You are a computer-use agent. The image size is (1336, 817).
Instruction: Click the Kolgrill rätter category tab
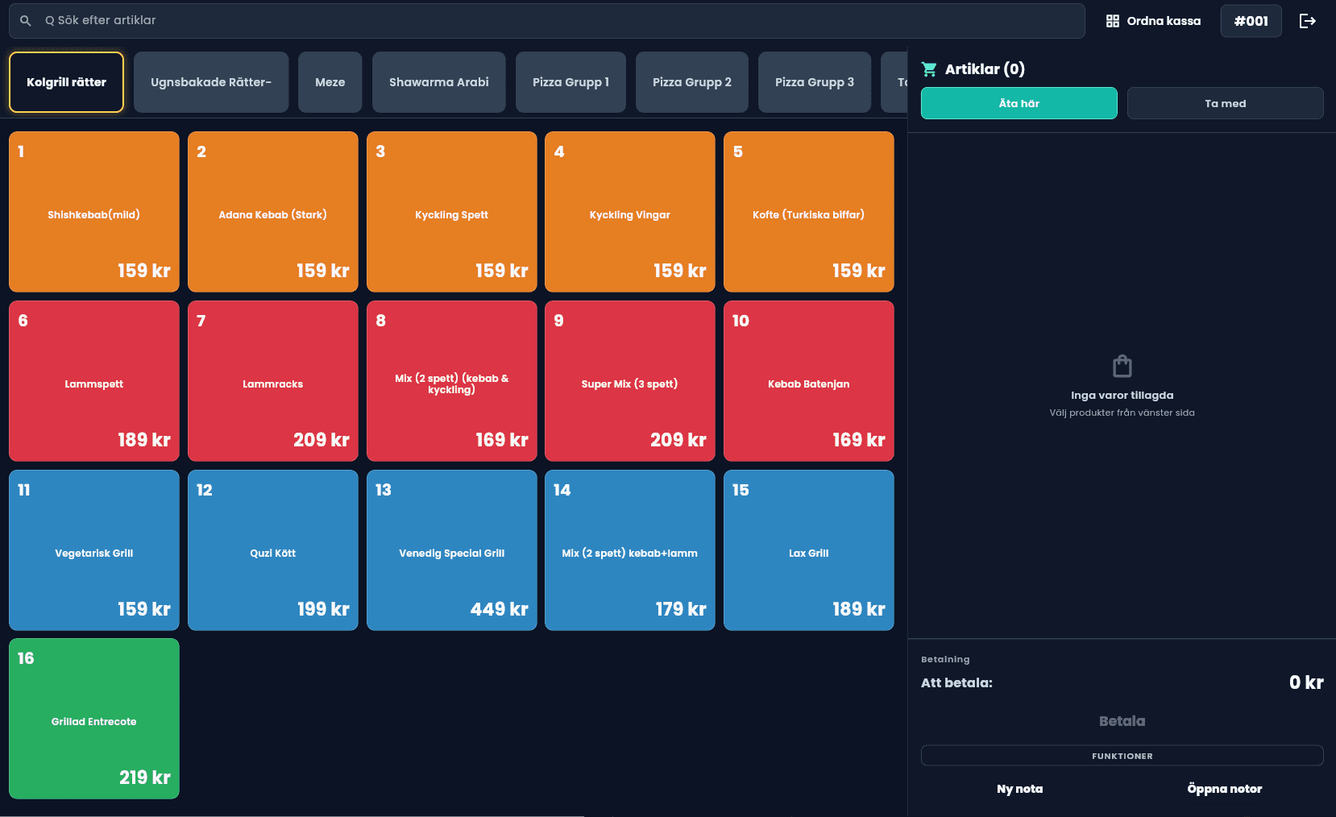tap(66, 82)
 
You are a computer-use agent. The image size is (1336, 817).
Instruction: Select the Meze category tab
tap(330, 82)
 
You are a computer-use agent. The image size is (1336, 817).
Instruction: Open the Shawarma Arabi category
tap(438, 82)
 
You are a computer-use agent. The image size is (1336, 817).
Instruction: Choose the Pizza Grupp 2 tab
tap(691, 82)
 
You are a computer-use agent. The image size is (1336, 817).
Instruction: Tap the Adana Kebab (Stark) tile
tap(272, 212)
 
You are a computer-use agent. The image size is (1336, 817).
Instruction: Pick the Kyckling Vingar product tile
tap(629, 212)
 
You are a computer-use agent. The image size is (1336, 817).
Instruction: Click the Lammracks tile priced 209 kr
tap(272, 381)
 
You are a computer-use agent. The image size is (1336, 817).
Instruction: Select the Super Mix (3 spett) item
tap(629, 381)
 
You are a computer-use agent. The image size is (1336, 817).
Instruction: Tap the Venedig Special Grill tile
tap(451, 550)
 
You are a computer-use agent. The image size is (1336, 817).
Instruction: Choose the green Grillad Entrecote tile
tap(93, 719)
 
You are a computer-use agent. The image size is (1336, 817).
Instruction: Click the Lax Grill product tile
tap(808, 550)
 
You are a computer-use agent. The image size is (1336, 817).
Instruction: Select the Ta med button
tap(1225, 103)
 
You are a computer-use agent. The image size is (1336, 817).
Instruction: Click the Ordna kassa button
tap(1153, 21)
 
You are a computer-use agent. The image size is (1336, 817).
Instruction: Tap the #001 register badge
tap(1251, 21)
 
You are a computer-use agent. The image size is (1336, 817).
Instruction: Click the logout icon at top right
tap(1307, 21)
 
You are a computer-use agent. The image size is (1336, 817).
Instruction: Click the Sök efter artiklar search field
tap(548, 20)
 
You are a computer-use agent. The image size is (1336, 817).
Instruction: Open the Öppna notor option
tap(1224, 789)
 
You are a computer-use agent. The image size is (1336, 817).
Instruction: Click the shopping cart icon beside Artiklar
tap(929, 69)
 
